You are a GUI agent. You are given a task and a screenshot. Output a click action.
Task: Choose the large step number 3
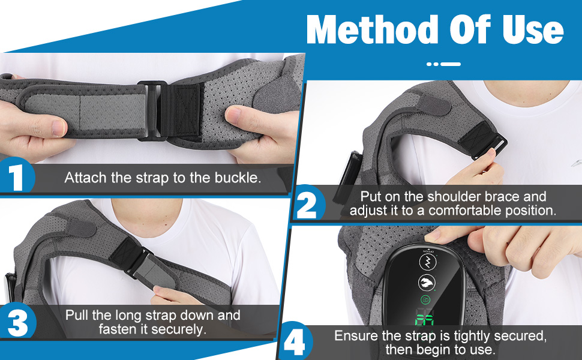(x=17, y=323)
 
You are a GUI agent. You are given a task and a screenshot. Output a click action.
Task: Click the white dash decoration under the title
(x=444, y=64)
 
